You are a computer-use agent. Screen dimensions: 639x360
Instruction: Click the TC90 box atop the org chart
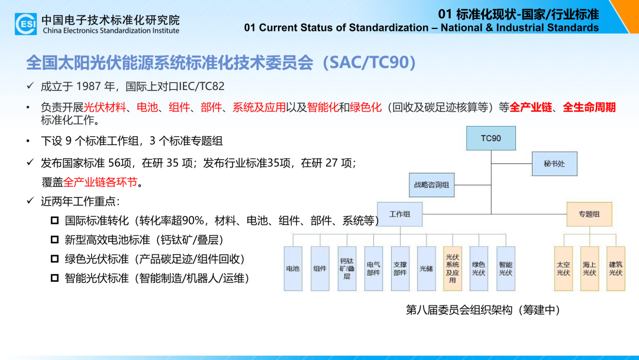[490, 138]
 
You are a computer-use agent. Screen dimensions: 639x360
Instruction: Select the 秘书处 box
[554, 164]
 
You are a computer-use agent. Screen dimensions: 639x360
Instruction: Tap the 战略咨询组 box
[431, 185]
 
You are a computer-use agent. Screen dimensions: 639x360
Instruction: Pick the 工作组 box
[399, 214]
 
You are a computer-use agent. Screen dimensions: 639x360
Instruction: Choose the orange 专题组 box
[589, 214]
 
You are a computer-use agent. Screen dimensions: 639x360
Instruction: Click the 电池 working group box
[293, 269]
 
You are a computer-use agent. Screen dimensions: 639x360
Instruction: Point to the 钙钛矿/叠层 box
[347, 269]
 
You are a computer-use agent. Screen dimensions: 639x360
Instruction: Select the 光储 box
[426, 269]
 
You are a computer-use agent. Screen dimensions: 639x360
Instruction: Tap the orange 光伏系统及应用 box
[453, 269]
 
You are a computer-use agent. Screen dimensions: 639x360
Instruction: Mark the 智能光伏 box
[506, 269]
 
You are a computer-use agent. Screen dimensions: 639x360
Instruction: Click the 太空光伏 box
[563, 269]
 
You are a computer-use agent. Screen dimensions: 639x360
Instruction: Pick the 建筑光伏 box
[616, 269]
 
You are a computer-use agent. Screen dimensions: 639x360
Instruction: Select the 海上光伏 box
[589, 269]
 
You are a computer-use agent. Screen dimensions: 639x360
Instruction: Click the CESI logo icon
[25, 24]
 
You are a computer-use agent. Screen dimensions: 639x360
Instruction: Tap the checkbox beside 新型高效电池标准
[54, 240]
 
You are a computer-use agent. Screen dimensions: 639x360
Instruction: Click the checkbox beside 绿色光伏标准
[54, 259]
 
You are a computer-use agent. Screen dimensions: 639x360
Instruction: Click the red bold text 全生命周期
[589, 108]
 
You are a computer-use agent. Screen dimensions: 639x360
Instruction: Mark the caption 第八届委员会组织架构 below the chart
[459, 310]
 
